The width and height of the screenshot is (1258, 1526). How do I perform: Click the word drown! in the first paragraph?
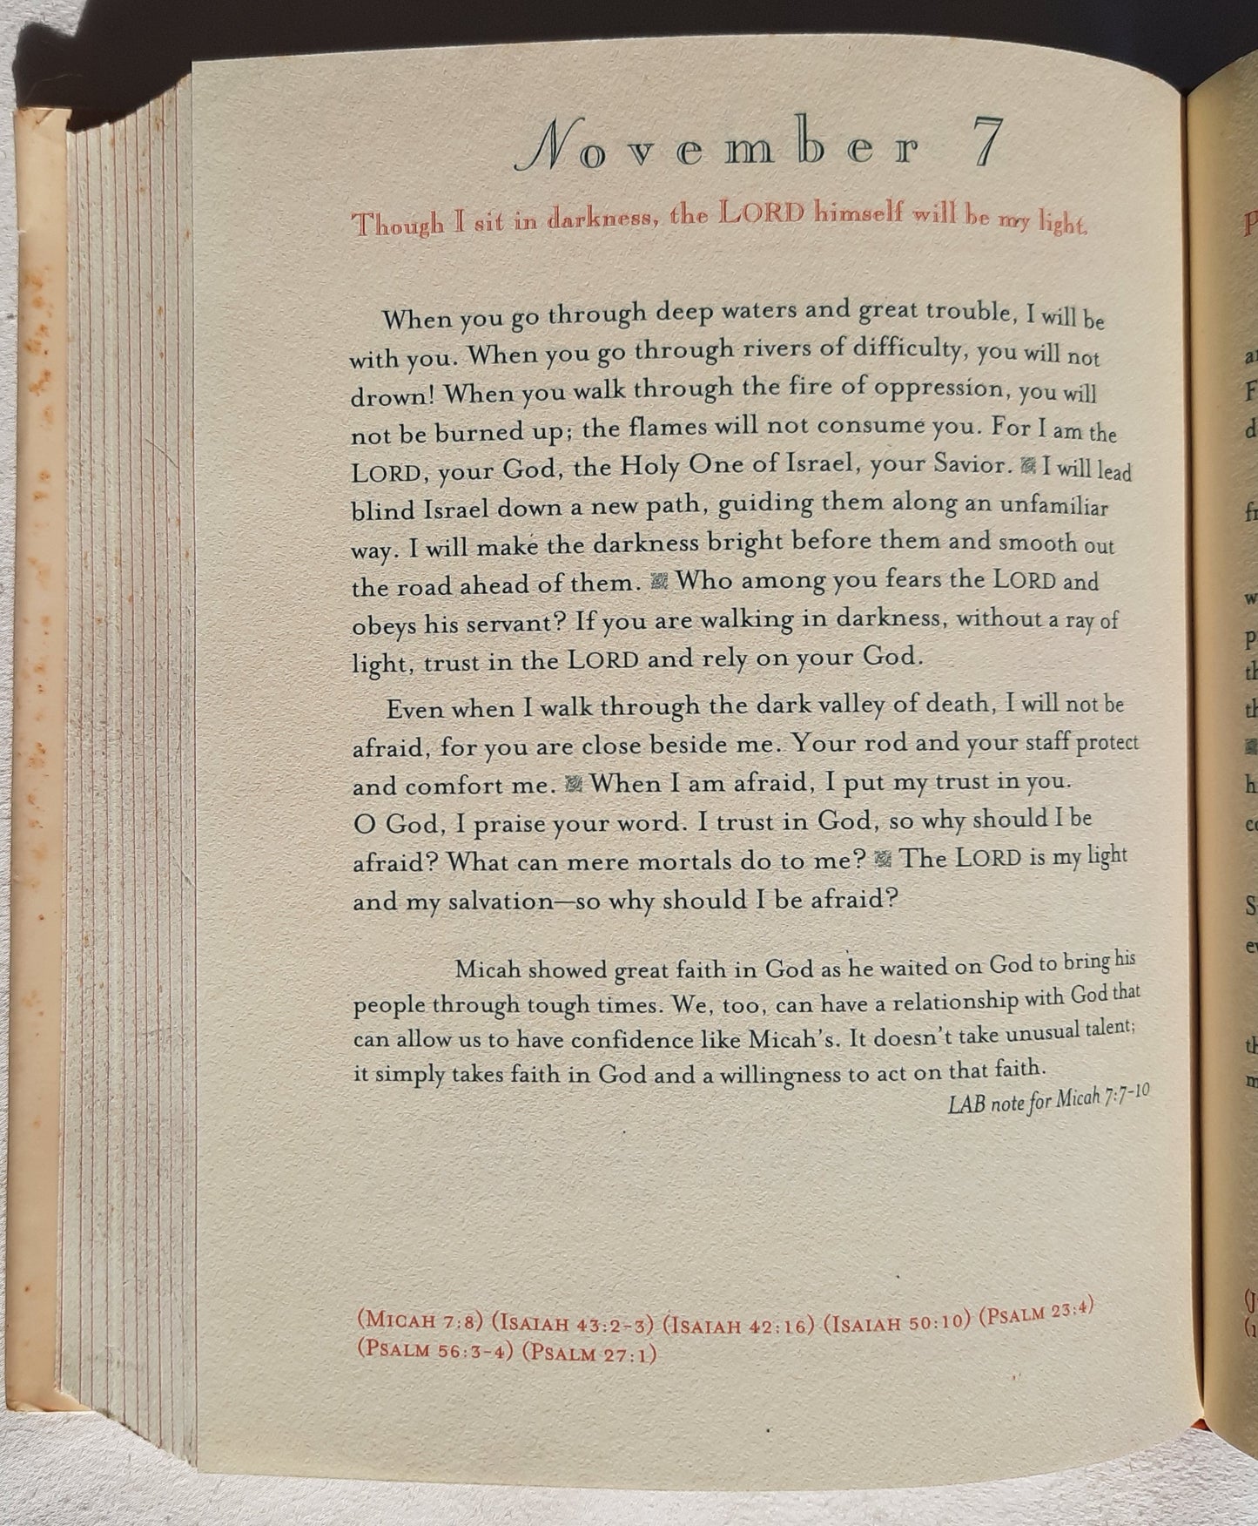click(394, 395)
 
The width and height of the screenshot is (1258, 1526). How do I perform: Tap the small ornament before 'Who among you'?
click(660, 581)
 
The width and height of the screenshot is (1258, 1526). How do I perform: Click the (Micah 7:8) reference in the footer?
click(420, 1321)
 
